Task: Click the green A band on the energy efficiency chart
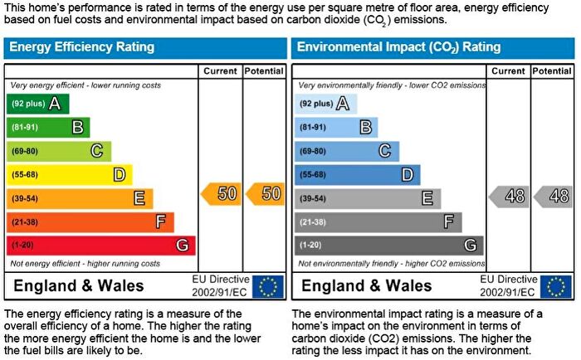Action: pos(37,104)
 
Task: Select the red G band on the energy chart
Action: pos(100,246)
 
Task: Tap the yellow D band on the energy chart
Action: pos(69,175)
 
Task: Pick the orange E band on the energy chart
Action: pos(80,198)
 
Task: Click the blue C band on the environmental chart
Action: pos(346,151)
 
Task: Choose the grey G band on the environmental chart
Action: pos(388,246)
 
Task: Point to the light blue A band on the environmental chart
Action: pos(326,104)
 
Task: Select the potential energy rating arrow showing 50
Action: pos(265,194)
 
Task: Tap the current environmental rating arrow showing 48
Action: pos(509,197)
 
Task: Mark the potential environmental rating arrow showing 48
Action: pos(553,197)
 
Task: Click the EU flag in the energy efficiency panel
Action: pos(267,287)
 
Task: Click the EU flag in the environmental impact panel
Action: pos(555,287)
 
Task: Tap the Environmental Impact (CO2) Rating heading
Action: pos(398,47)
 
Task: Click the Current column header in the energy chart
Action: pos(222,71)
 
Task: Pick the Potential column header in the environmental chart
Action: pos(552,71)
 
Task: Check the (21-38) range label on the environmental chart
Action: pos(313,222)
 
